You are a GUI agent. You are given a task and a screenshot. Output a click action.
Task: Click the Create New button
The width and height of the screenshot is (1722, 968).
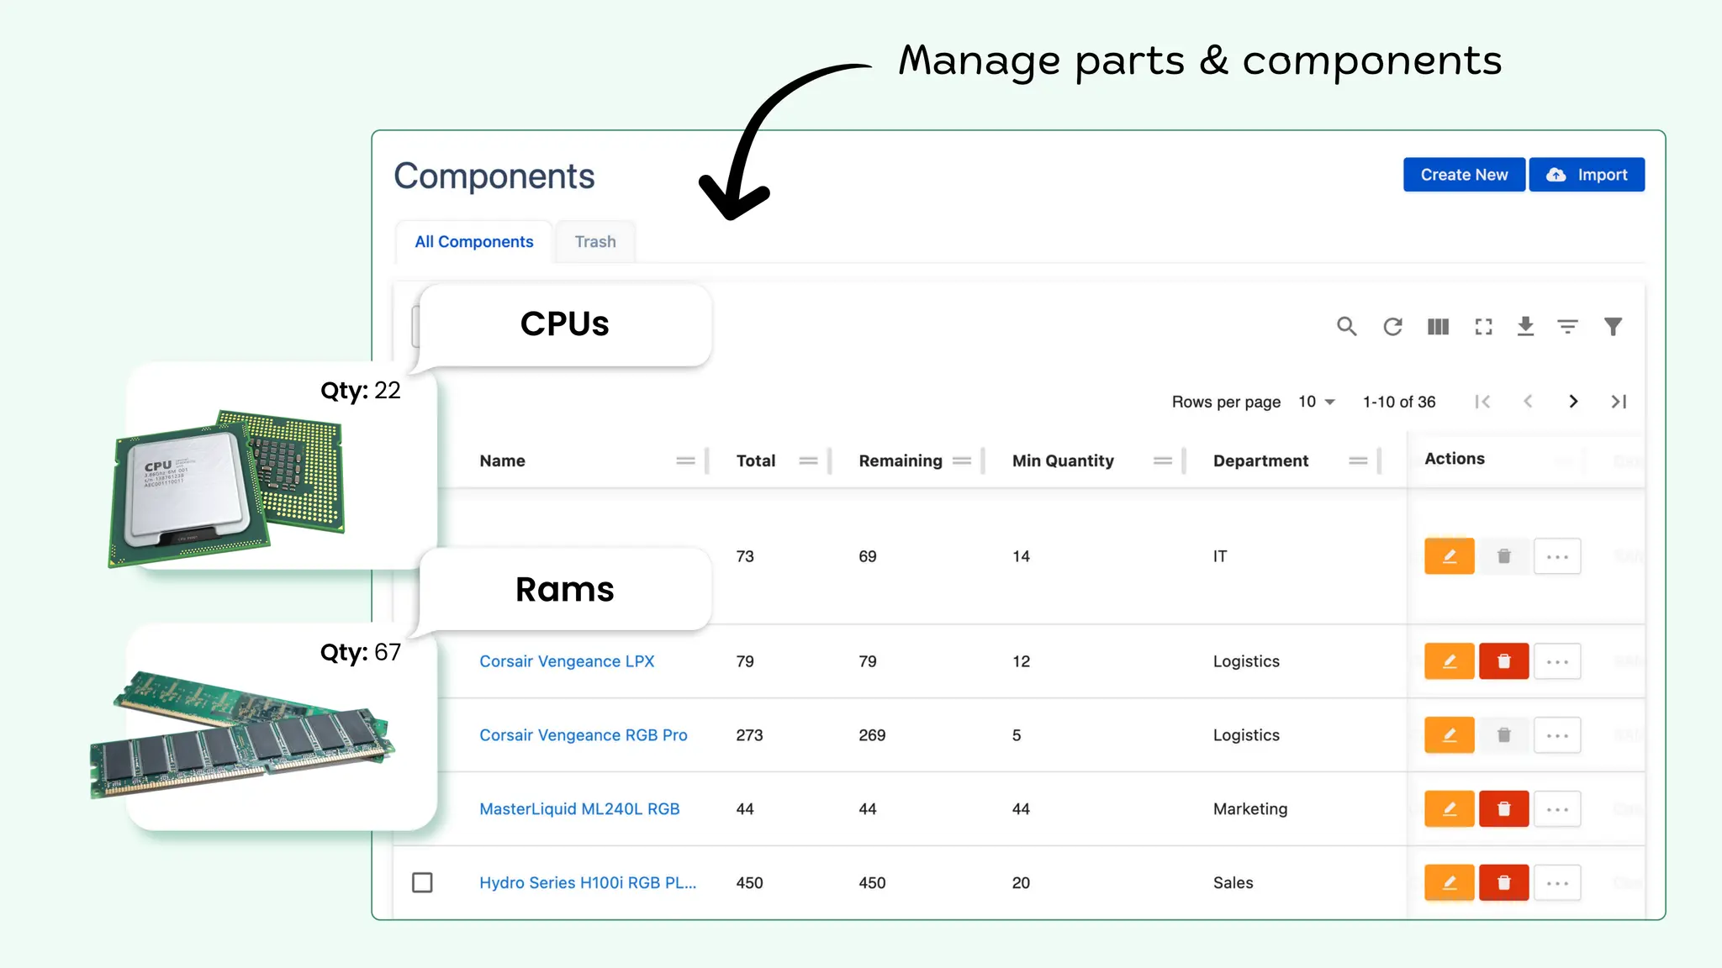click(x=1463, y=175)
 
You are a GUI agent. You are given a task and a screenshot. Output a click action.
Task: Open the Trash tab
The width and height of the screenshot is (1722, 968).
click(x=594, y=242)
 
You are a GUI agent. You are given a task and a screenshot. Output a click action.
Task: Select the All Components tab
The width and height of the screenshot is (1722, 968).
click(x=473, y=242)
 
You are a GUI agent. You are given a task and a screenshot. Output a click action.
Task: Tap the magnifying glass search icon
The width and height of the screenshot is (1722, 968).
click(x=1346, y=326)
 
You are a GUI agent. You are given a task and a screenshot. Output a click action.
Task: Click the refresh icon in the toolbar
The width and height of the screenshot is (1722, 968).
click(x=1392, y=326)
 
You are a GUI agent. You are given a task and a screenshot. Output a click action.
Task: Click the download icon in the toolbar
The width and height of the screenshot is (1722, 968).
click(x=1525, y=326)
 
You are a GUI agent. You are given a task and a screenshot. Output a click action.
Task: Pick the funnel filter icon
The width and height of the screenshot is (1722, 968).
click(x=1613, y=326)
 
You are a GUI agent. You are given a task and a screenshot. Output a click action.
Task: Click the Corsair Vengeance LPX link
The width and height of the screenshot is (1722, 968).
click(x=567, y=661)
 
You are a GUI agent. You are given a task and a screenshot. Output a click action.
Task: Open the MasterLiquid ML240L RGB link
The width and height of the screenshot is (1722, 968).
click(x=579, y=809)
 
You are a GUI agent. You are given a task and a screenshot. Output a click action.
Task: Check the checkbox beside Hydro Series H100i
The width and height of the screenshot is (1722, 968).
click(x=422, y=882)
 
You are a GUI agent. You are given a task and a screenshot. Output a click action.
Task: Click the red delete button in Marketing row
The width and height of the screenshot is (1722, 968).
click(x=1503, y=809)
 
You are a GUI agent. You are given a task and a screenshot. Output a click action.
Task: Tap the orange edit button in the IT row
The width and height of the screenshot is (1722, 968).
click(x=1449, y=556)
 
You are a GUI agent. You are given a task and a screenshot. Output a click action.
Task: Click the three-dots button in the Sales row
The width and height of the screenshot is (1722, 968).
click(x=1557, y=882)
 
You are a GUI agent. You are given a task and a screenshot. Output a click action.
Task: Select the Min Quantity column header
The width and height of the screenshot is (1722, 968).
click(x=1063, y=460)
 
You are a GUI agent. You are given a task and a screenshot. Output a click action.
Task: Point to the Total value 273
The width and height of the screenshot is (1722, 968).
click(x=749, y=735)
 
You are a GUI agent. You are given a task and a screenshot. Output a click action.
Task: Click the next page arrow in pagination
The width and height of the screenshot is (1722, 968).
click(x=1573, y=402)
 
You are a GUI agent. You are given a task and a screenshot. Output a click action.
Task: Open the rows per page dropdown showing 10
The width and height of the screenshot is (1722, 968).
click(x=1316, y=402)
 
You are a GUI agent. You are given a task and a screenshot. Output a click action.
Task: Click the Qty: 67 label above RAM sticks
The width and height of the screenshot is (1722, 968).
click(x=360, y=652)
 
